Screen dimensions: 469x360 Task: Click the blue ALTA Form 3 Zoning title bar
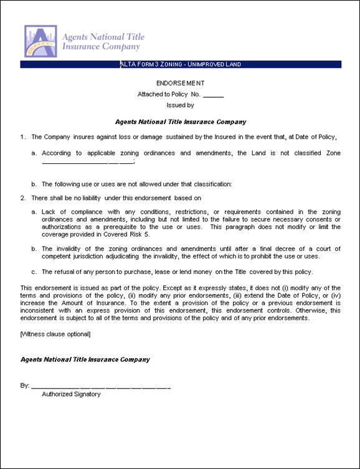coord(181,64)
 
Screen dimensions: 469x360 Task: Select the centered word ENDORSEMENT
coord(180,83)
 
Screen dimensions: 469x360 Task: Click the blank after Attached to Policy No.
coord(213,95)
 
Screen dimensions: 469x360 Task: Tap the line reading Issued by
coord(180,105)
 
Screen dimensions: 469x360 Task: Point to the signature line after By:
coord(100,386)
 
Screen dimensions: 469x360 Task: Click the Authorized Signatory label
coord(71,394)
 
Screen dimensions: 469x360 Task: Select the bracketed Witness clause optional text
coord(55,334)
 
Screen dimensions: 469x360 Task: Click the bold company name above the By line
coord(85,359)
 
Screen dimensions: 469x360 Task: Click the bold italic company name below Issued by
coord(181,122)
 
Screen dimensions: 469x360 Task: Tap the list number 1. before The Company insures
coord(23,136)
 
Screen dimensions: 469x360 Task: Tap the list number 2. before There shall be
coord(23,198)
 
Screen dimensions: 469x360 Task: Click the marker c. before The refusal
coord(34,272)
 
